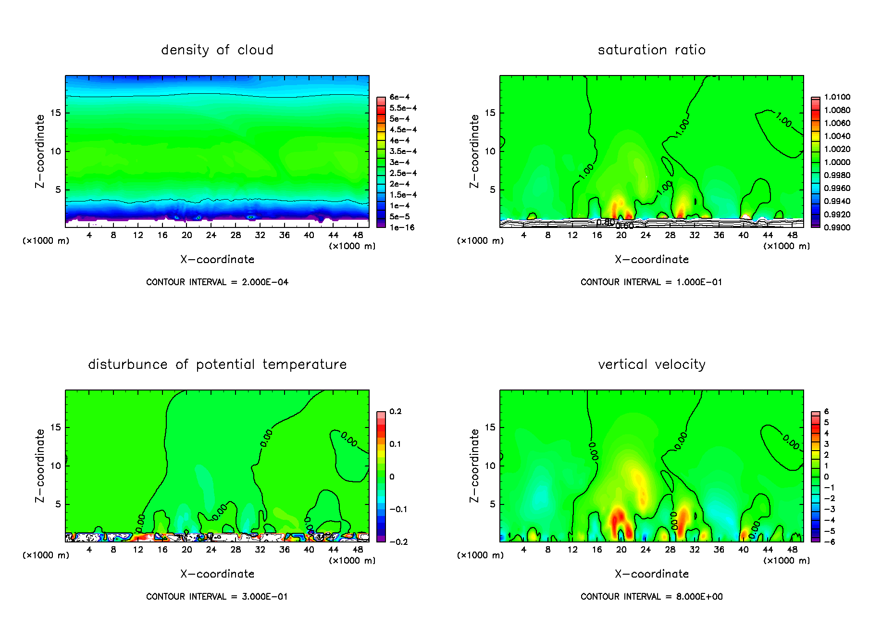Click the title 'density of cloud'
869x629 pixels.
click(x=217, y=50)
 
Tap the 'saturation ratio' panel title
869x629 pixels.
click(x=651, y=50)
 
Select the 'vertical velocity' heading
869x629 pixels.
click(x=651, y=365)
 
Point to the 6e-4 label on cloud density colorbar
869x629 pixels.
click(x=399, y=97)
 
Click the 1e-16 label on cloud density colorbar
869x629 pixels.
click(x=402, y=227)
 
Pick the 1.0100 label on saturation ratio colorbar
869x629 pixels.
click(x=837, y=97)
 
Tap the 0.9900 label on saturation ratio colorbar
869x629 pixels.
click(x=837, y=227)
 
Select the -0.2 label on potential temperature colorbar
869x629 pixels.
click(x=398, y=542)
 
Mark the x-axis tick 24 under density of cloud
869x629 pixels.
click(x=211, y=235)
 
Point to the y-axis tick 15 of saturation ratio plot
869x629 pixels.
click(x=490, y=113)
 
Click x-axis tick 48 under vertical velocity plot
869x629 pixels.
click(x=792, y=550)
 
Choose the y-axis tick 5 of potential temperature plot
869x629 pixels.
click(x=59, y=504)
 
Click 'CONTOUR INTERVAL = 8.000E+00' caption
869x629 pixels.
click(x=651, y=597)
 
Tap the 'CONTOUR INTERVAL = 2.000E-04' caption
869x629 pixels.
click(x=217, y=282)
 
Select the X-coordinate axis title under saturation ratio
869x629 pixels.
click(x=651, y=260)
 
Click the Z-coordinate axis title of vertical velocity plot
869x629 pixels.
click(x=474, y=465)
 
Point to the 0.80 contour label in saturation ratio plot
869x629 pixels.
click(x=605, y=222)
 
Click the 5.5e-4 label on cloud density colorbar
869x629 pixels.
click(x=403, y=108)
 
